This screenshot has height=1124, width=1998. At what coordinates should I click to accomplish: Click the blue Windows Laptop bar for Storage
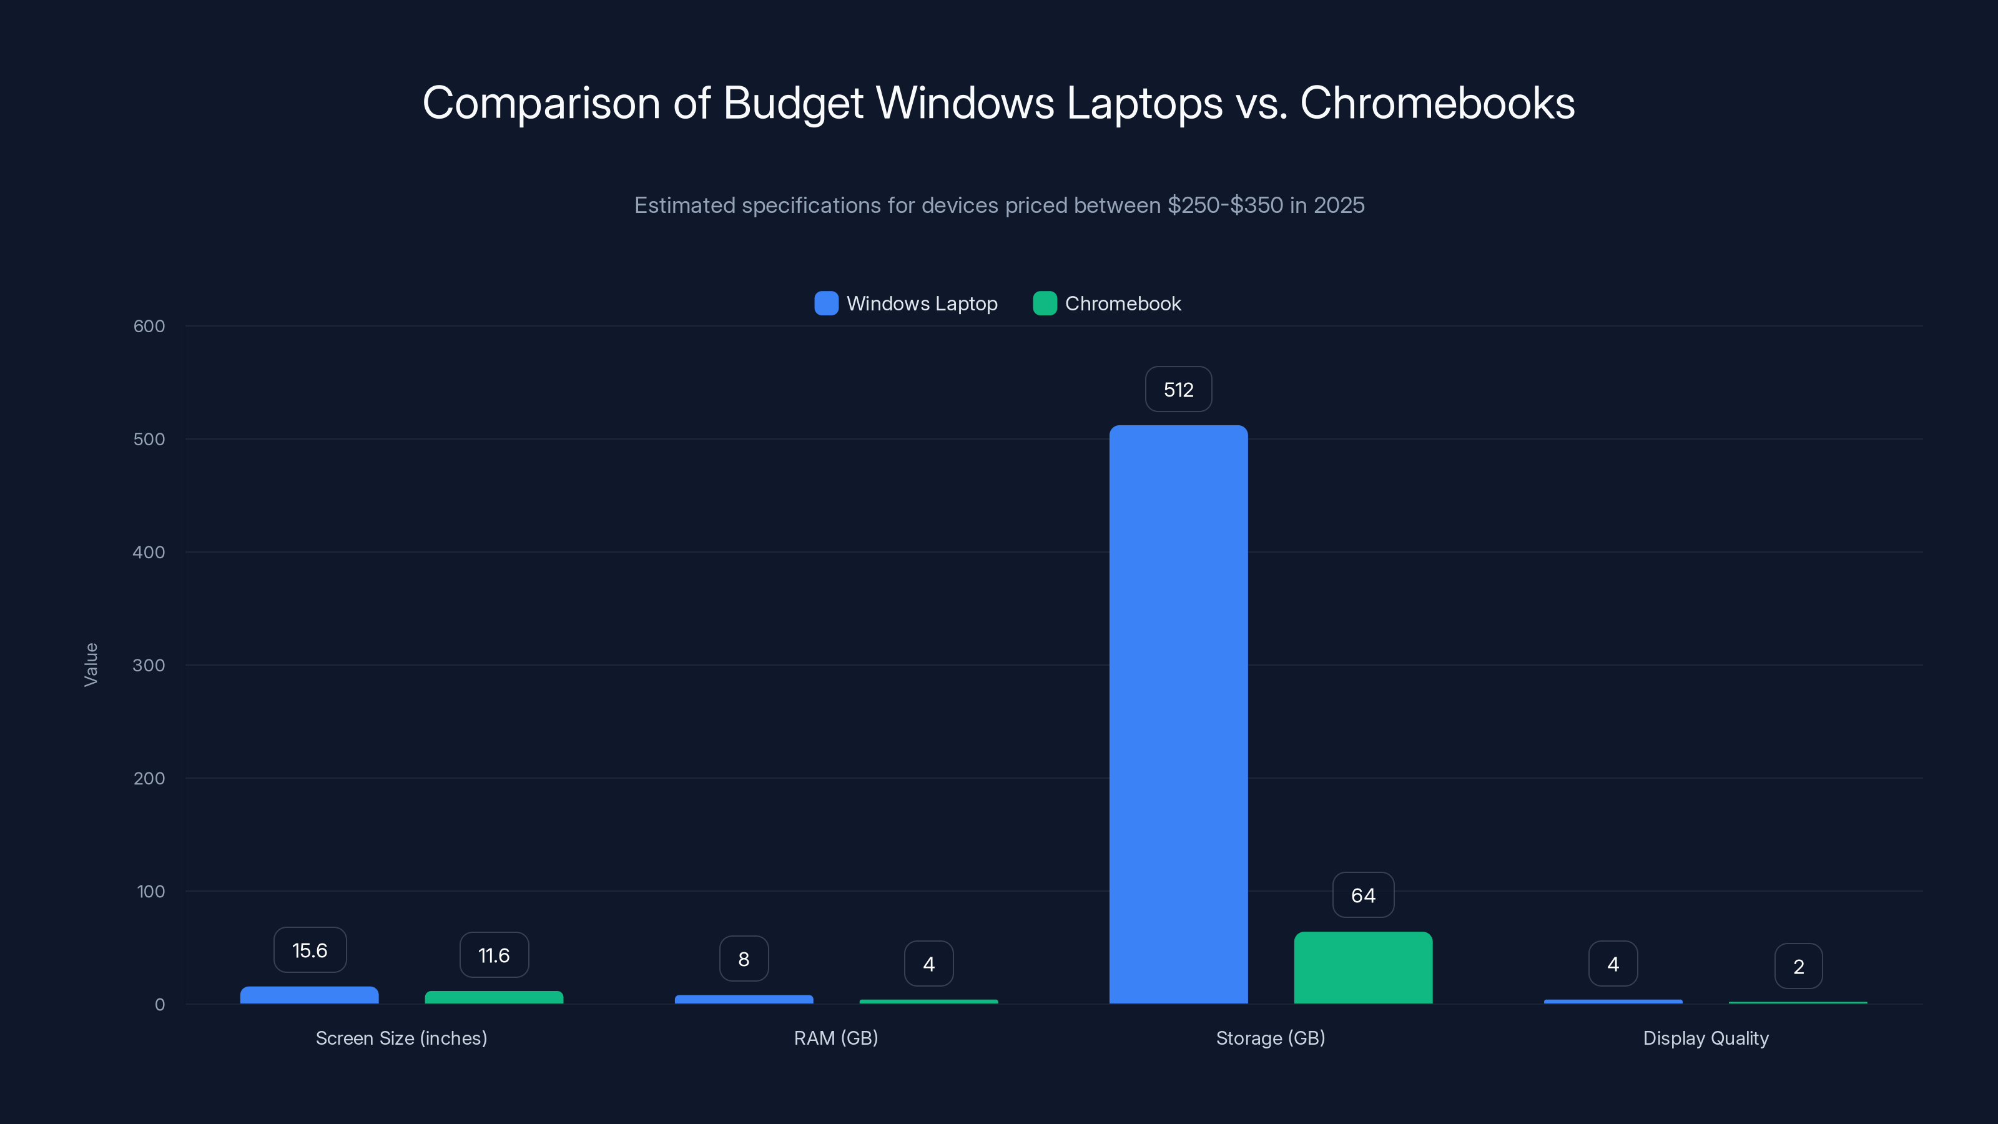coord(1178,714)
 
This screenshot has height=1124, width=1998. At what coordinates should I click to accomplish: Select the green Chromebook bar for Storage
coord(1363,967)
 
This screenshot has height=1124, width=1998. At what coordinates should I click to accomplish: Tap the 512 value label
coord(1178,390)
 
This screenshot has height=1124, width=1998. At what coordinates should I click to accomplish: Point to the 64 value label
coord(1363,895)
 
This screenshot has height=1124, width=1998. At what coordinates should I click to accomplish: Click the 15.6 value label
coord(310,950)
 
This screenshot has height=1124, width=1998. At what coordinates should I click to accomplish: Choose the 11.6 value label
coord(494,955)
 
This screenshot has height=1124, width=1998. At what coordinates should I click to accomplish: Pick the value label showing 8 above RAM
coord(744,959)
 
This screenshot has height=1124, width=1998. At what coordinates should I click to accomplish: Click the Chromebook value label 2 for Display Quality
coord(1798,967)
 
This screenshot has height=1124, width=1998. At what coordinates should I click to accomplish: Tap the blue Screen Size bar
coord(310,995)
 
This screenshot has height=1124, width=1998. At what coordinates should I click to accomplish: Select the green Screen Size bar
coord(494,998)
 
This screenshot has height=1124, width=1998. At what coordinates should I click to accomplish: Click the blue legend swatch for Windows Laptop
coord(826,303)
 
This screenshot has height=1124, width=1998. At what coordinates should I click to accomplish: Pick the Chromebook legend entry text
coord(1123,303)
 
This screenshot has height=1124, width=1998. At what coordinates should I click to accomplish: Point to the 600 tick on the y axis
coord(149,326)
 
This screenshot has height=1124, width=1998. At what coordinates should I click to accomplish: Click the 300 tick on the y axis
coord(149,665)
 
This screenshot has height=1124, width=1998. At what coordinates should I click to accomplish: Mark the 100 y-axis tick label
coord(150,891)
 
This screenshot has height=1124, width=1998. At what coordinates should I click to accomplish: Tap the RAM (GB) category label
coord(835,1038)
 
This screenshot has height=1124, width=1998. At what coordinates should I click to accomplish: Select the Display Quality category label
coord(1706,1038)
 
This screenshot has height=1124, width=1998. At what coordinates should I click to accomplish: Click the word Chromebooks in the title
coord(1437,103)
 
